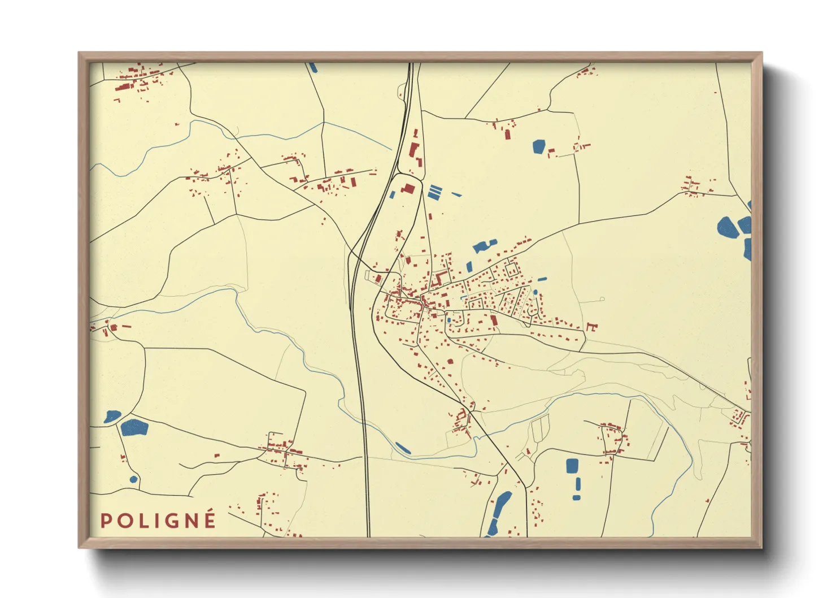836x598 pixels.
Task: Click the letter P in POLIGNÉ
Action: [105, 521]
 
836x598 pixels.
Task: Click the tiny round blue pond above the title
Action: [133, 479]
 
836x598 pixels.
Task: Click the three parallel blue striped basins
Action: [434, 192]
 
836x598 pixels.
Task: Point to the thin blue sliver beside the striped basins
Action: [456, 194]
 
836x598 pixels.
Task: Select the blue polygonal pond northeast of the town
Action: [538, 146]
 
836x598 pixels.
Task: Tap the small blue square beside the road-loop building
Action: [392, 194]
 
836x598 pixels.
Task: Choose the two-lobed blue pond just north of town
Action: [484, 245]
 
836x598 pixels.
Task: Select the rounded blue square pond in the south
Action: [572, 466]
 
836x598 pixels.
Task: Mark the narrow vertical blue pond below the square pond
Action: [577, 484]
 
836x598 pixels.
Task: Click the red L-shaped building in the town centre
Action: [438, 278]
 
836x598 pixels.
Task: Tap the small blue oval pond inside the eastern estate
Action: [535, 292]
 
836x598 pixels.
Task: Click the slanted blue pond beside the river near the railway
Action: [403, 448]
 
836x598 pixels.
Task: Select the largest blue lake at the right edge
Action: [728, 227]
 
